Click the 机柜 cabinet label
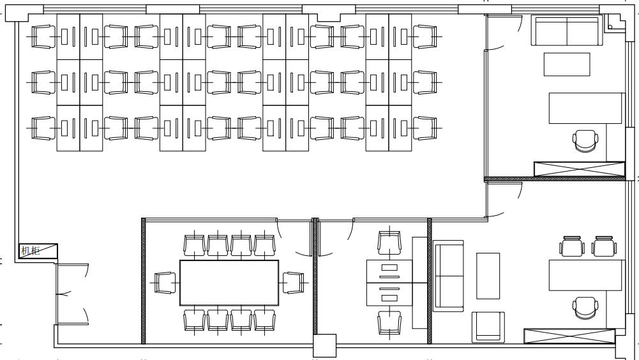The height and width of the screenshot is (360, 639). coord(31,250)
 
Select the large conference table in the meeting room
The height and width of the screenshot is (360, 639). coord(229,283)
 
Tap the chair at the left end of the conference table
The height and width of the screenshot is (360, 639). coord(165,283)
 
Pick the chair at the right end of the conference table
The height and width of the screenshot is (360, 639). coord(294,283)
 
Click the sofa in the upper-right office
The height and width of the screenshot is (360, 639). coord(567,31)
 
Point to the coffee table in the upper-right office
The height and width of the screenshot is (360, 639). coord(567,64)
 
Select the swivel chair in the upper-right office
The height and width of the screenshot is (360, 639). coord(585,141)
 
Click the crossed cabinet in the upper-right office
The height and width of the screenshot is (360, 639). coord(580,169)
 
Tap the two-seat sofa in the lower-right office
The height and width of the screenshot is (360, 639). coord(448,276)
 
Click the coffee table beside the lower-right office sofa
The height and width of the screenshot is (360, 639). coord(488,276)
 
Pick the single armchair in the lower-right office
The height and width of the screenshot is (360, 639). coord(488,327)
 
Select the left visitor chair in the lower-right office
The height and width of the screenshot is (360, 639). coord(572,246)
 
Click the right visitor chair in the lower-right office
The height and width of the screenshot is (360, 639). coord(604,246)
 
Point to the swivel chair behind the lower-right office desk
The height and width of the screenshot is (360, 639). coord(585,308)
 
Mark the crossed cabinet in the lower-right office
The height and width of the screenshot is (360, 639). coord(569,336)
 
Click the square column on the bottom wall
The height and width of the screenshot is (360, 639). coord(325,346)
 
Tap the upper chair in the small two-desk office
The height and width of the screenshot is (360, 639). coord(389,243)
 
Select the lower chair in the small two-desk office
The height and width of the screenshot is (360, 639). coord(389,323)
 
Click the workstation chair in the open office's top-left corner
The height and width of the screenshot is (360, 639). coord(43,36)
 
